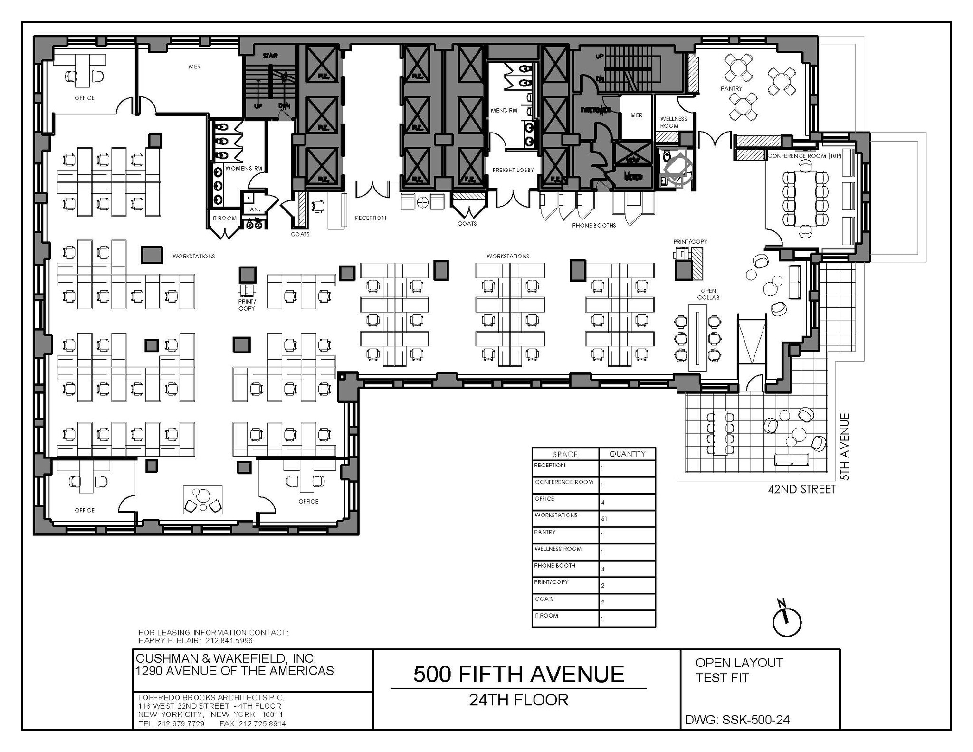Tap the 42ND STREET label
(801, 489)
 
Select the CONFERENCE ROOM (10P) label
(804, 156)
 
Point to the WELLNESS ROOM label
(673, 122)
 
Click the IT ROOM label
(224, 219)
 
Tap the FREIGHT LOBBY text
(513, 170)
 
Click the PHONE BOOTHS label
(593, 225)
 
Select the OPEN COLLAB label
(708, 294)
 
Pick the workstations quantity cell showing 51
(604, 519)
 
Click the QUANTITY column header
(627, 454)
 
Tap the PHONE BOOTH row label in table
(554, 565)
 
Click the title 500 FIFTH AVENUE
(518, 674)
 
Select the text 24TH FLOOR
(518, 700)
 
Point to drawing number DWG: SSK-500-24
(737, 720)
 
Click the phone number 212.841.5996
(229, 640)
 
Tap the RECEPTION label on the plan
(370, 218)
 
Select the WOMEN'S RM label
(244, 169)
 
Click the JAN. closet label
(253, 209)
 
